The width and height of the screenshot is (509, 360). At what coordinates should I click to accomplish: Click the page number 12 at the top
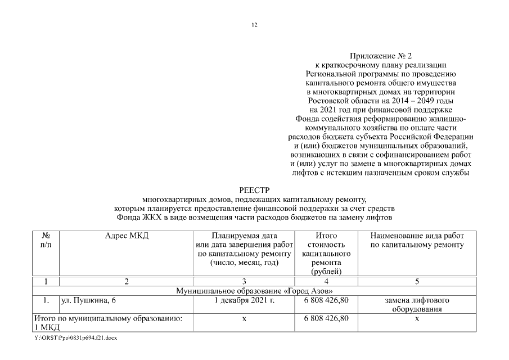pos(254,25)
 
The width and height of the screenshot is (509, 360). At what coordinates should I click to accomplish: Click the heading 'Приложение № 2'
pos(381,56)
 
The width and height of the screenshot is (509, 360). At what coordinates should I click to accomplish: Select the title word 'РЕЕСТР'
pos(254,191)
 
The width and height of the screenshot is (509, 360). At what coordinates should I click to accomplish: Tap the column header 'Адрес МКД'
pos(127,236)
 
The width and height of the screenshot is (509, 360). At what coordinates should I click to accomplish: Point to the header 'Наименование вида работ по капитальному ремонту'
pos(417,240)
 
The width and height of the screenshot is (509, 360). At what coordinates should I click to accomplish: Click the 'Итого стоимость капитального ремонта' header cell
pos(326,254)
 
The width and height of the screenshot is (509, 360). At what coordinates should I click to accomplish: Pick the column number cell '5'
pos(417,281)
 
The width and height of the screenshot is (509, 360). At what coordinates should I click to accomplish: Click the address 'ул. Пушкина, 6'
pos(88,300)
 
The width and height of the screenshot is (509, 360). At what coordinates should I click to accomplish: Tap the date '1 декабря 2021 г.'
pos(244,300)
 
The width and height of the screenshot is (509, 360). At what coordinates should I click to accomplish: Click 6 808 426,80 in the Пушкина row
pos(326,300)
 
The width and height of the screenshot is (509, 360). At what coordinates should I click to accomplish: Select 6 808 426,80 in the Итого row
pos(326,318)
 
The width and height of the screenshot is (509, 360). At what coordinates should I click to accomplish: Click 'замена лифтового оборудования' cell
pos(417,304)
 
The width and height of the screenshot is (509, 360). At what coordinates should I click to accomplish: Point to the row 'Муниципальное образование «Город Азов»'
pos(254,290)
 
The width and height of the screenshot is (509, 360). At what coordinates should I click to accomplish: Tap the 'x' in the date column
pos(244,318)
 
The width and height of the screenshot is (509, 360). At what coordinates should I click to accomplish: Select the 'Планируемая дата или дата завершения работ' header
pos(244,249)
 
